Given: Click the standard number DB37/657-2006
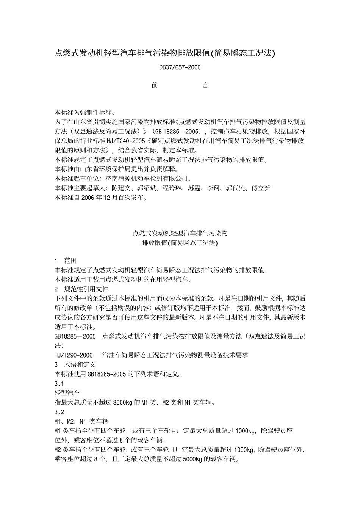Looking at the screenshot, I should (180, 67).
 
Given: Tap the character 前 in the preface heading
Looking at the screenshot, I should (155, 85).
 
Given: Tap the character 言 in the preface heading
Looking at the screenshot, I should (205, 85).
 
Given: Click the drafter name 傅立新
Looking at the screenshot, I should (261, 188).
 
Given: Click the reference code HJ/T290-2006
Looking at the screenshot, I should (74, 355).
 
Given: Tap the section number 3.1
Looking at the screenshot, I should (59, 384).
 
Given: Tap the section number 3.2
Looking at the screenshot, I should (59, 412).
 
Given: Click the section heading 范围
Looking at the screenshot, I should (70, 260).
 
